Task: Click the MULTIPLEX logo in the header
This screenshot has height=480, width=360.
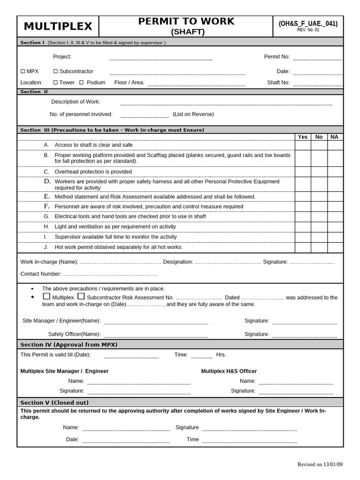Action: pyautogui.click(x=58, y=26)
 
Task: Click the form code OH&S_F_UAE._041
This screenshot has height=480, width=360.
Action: pyautogui.click(x=307, y=24)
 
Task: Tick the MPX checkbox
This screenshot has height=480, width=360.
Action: pyautogui.click(x=23, y=71)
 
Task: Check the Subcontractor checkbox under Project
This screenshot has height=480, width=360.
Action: pyautogui.click(x=55, y=71)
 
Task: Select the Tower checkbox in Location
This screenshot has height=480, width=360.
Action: pyautogui.click(x=55, y=82)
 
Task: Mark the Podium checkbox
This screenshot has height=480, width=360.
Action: pyautogui.click(x=81, y=82)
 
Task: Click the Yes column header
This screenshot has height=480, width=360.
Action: pyautogui.click(x=303, y=137)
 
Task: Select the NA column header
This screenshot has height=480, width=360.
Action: pyautogui.click(x=334, y=137)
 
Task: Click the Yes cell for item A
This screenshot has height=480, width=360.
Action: pyautogui.click(x=303, y=145)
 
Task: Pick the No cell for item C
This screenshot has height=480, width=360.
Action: pyautogui.click(x=319, y=172)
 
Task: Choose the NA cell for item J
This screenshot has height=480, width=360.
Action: pyautogui.click(x=335, y=247)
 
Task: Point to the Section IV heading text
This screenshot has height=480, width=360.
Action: pyautogui.click(x=69, y=345)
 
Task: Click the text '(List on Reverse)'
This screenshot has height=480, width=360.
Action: pyautogui.click(x=193, y=114)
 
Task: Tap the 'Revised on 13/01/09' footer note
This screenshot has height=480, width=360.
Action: pyautogui.click(x=320, y=465)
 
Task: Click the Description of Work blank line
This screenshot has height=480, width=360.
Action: pyautogui.click(x=226, y=103)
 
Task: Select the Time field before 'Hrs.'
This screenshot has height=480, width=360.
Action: pyautogui.click(x=201, y=356)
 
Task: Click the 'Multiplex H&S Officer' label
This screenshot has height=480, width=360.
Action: pyautogui.click(x=229, y=371)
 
